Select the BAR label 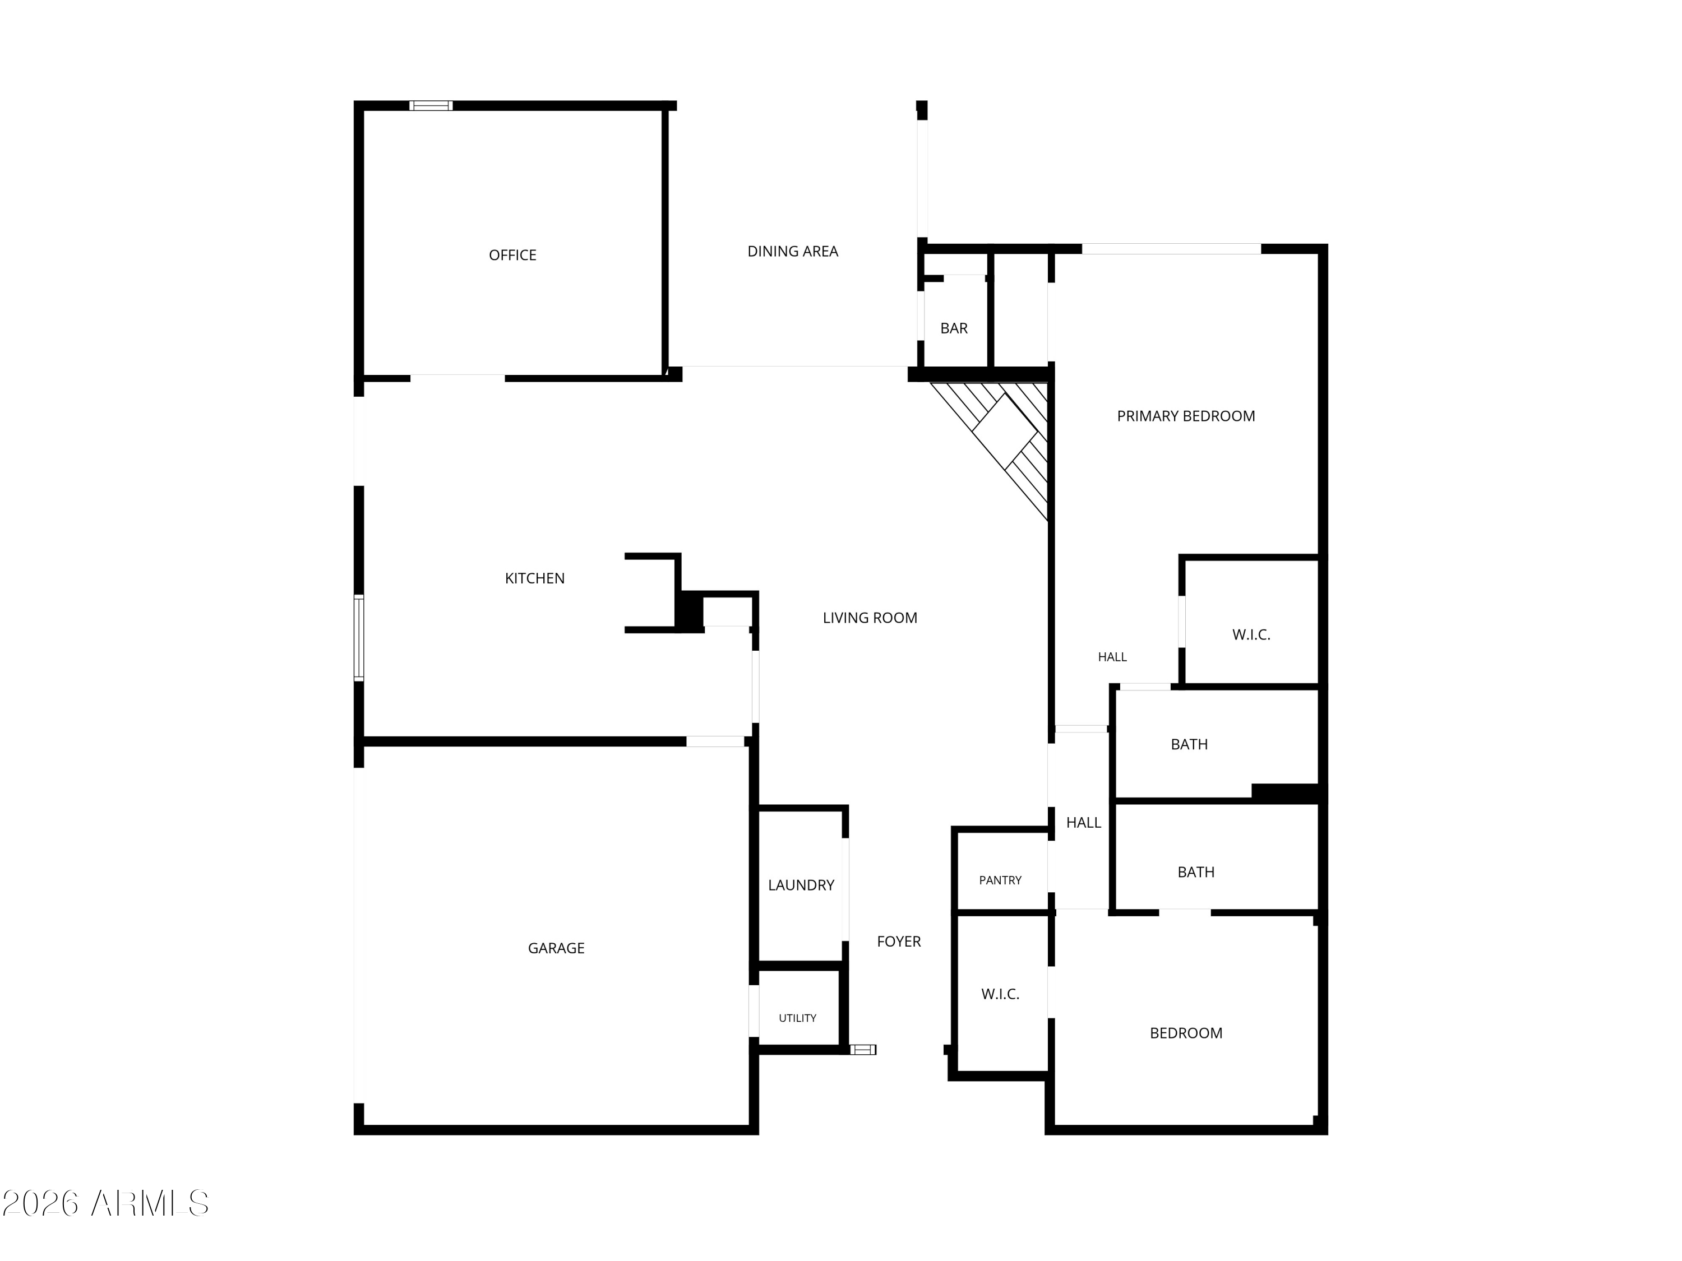[954, 328]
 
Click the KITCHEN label [534, 578]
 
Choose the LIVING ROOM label [870, 618]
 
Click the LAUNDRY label [801, 885]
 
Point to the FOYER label [899, 941]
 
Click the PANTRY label [1000, 880]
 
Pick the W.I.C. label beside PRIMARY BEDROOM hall [1251, 634]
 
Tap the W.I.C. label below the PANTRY [1000, 994]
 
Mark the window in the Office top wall [431, 106]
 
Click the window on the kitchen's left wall [359, 638]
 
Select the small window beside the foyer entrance [862, 1050]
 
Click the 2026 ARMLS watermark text [106, 1203]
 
